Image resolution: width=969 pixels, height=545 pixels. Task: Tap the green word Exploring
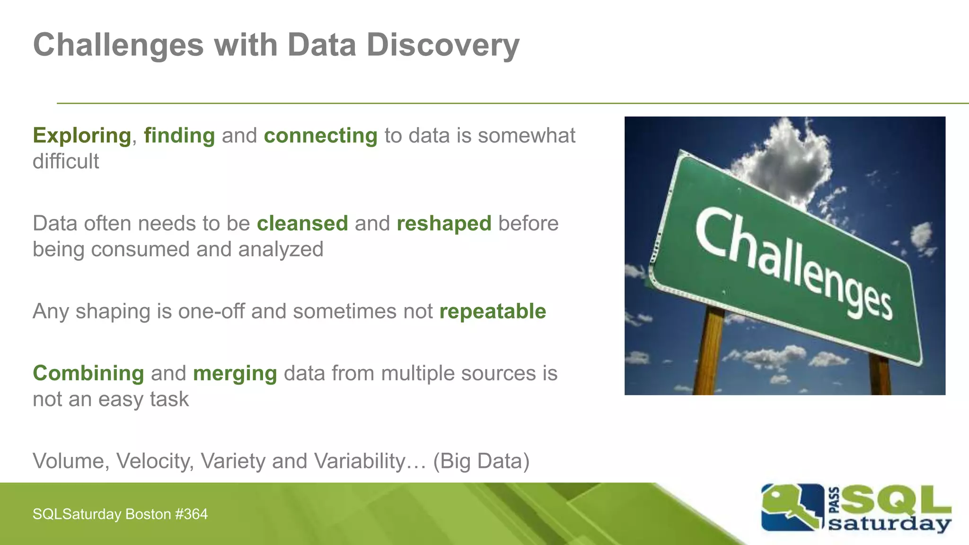click(82, 136)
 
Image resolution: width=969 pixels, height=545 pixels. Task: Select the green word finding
click(179, 136)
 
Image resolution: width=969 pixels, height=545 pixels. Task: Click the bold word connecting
click(320, 136)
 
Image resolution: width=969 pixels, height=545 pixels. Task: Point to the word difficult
click(66, 161)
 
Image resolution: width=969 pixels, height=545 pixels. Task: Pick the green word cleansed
click(302, 223)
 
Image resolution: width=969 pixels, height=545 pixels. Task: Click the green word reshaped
click(444, 223)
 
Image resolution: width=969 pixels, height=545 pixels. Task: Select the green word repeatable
click(493, 311)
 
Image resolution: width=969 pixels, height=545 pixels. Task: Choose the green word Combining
click(88, 373)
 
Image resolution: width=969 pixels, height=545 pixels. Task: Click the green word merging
click(235, 373)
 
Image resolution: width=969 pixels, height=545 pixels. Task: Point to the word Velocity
click(155, 461)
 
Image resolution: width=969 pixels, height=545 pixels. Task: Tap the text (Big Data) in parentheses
click(481, 461)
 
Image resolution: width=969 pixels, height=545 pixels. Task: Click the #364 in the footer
click(191, 514)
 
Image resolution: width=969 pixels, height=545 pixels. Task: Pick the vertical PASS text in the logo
click(834, 501)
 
